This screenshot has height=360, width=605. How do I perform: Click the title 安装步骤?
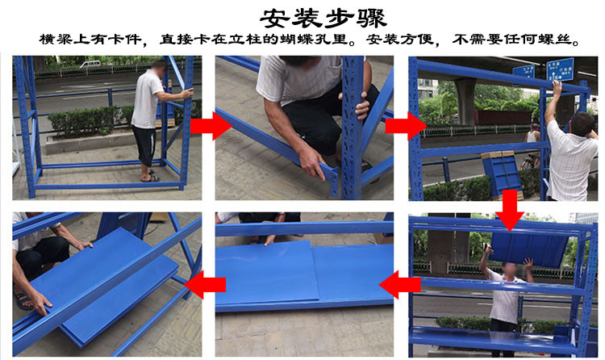[x=323, y=18]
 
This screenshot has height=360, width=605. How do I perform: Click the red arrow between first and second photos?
[x=210, y=126]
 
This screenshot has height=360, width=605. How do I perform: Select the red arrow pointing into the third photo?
[x=406, y=126]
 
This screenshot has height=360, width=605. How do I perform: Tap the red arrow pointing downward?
[x=510, y=211]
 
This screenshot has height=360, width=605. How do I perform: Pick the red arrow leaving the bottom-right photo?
[x=400, y=285]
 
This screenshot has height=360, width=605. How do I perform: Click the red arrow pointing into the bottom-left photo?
[x=205, y=285]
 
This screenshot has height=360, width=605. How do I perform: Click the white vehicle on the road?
[x=90, y=64]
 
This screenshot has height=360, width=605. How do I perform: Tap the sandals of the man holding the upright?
[x=150, y=178]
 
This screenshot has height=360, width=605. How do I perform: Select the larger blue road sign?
[x=560, y=69]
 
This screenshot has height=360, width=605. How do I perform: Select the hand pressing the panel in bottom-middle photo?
[x=270, y=241]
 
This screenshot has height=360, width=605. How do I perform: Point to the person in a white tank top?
[x=534, y=133]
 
